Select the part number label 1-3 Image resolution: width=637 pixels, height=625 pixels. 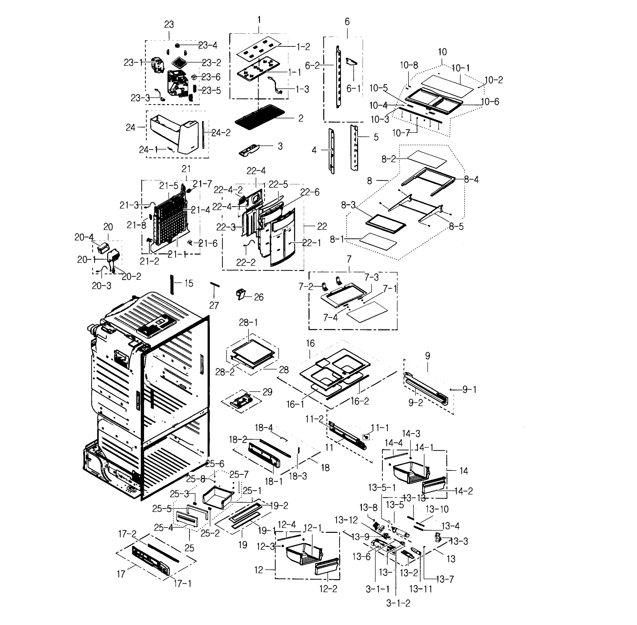click(x=302, y=89)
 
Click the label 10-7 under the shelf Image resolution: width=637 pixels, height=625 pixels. click(x=401, y=133)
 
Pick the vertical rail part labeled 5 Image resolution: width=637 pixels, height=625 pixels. click(x=354, y=148)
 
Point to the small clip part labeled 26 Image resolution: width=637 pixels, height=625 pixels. click(x=241, y=293)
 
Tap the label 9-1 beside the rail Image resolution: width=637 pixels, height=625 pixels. click(x=469, y=390)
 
